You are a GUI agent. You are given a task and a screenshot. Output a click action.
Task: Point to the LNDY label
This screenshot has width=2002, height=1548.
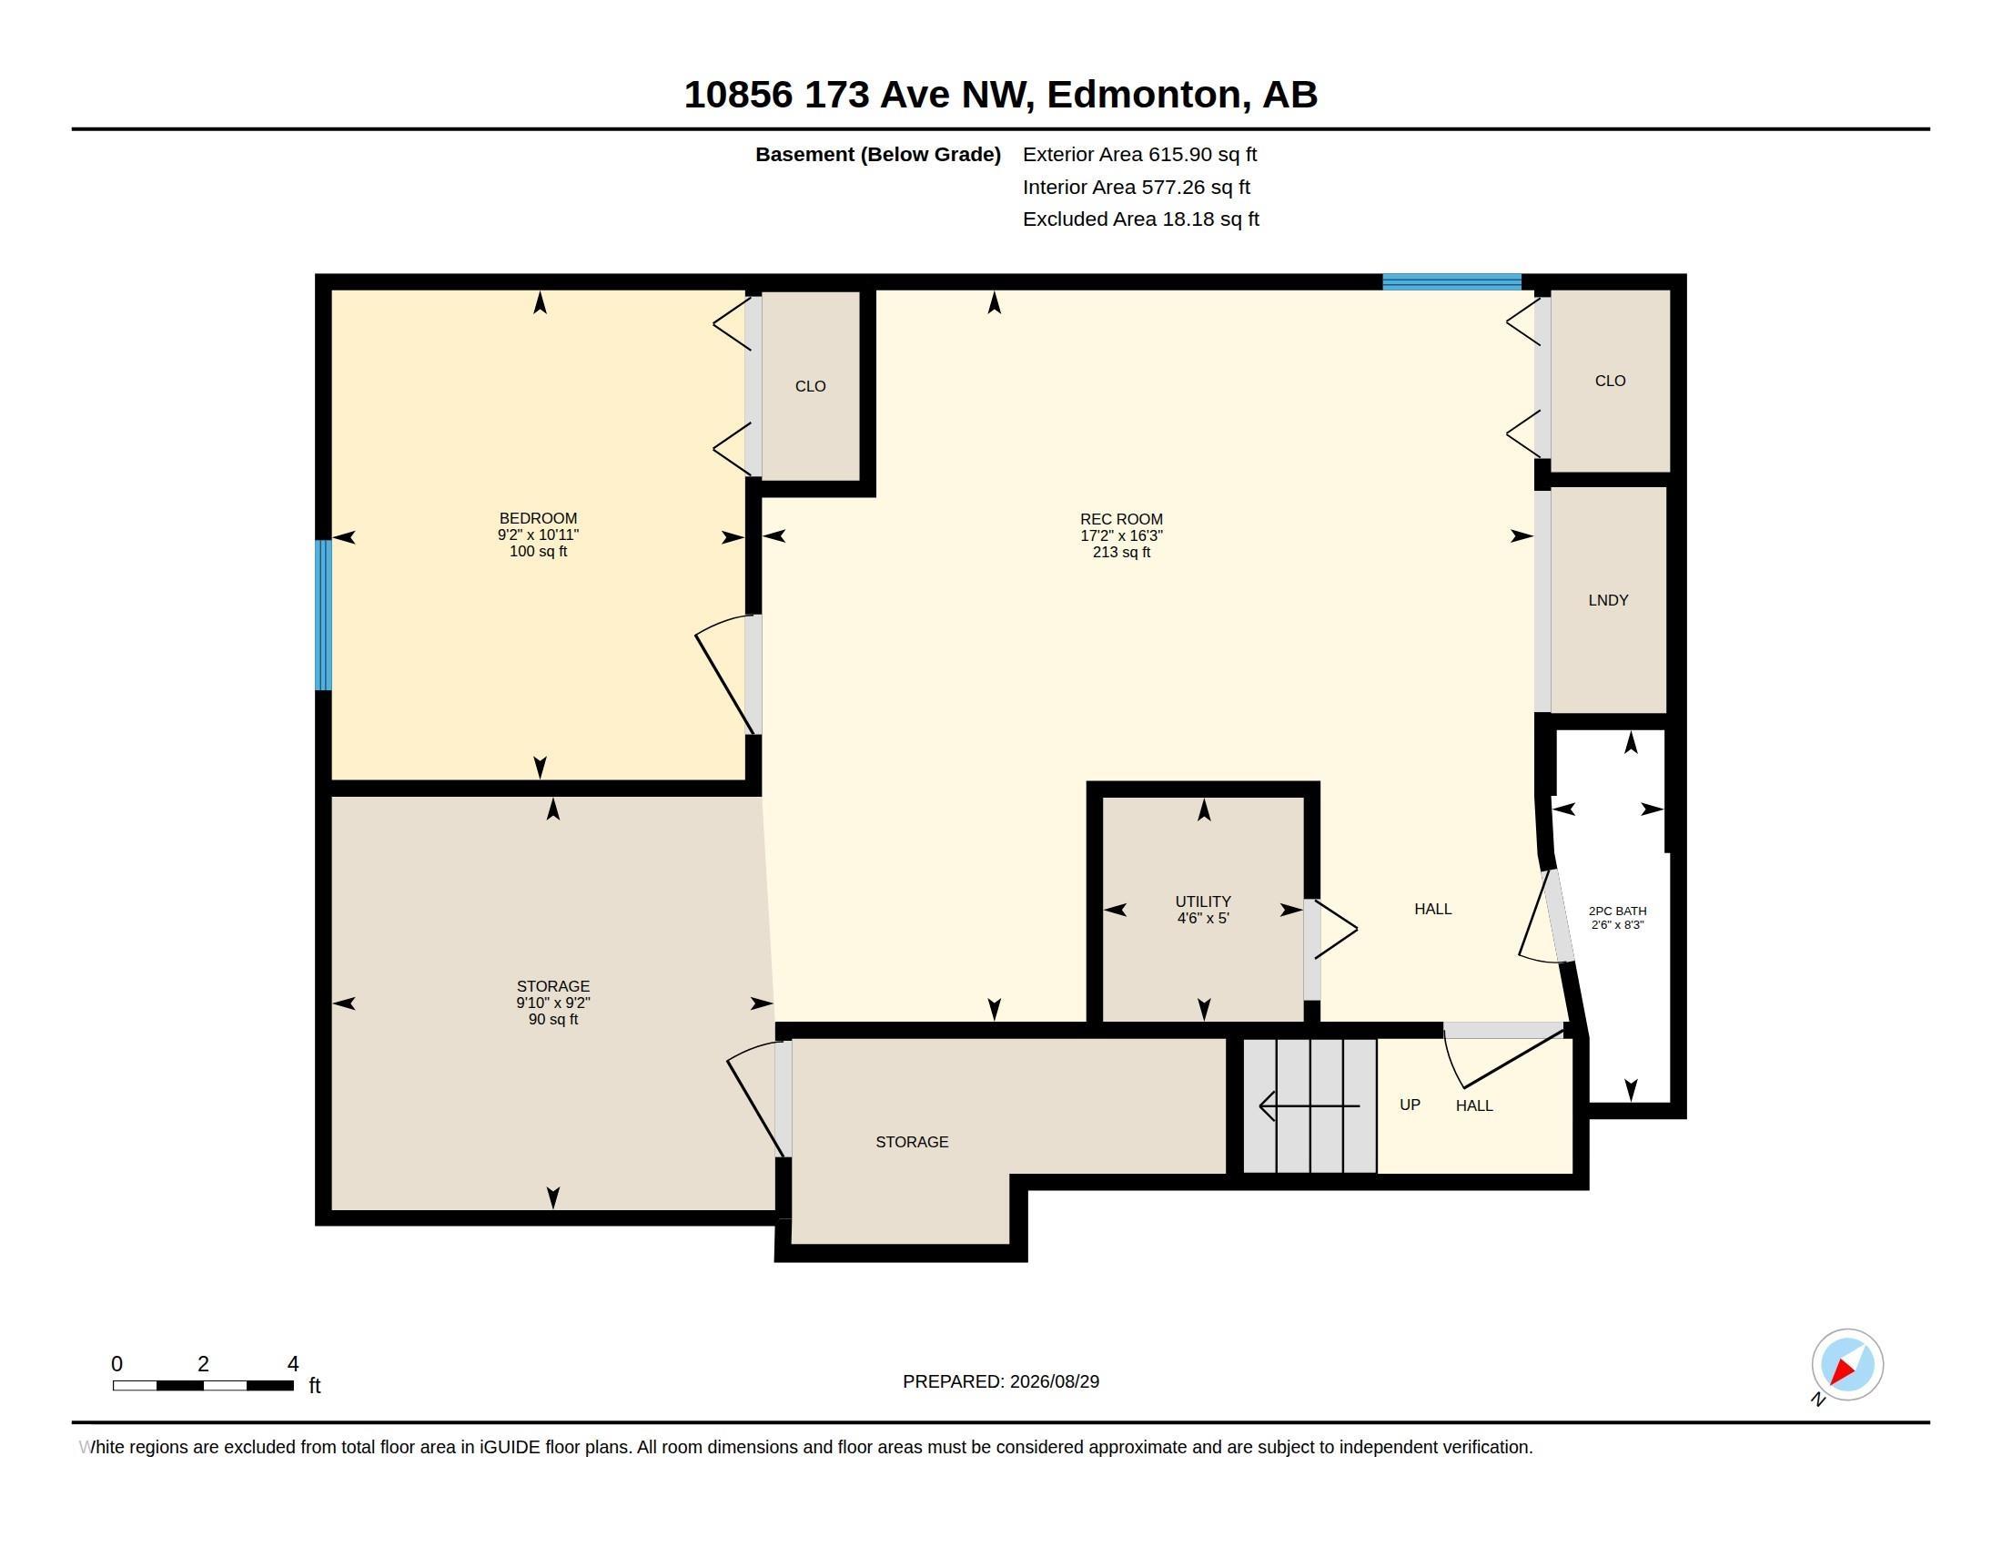tap(1608, 600)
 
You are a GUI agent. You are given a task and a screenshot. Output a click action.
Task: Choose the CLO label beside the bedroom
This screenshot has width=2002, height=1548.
tap(810, 386)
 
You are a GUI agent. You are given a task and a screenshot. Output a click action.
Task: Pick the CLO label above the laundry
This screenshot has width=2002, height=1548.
tap(1610, 381)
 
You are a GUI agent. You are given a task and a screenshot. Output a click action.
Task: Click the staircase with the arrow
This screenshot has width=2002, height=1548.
tap(1309, 1105)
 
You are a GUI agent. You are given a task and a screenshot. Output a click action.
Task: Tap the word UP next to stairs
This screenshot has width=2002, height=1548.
tap(1410, 1105)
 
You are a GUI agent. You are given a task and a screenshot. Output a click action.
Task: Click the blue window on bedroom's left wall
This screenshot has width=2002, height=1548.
tap(324, 615)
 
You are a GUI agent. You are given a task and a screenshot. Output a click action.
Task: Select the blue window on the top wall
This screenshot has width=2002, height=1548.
tap(1452, 281)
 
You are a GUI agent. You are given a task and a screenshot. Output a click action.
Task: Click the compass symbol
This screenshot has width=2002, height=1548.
tap(1846, 1365)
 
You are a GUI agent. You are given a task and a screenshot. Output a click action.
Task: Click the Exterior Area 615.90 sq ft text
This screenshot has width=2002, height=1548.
tap(1139, 154)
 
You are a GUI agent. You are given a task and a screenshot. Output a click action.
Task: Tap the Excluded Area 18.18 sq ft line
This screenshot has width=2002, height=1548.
tap(1140, 219)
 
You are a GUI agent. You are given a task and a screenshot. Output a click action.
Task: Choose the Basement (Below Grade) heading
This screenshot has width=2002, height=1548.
tap(878, 154)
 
